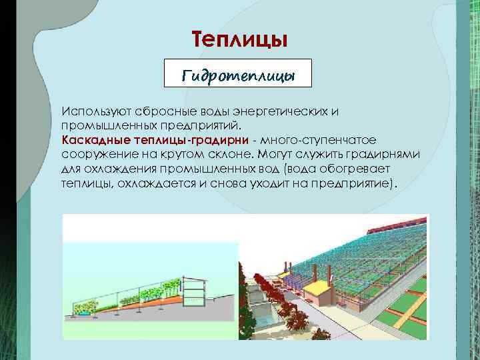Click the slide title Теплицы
point(239,39)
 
